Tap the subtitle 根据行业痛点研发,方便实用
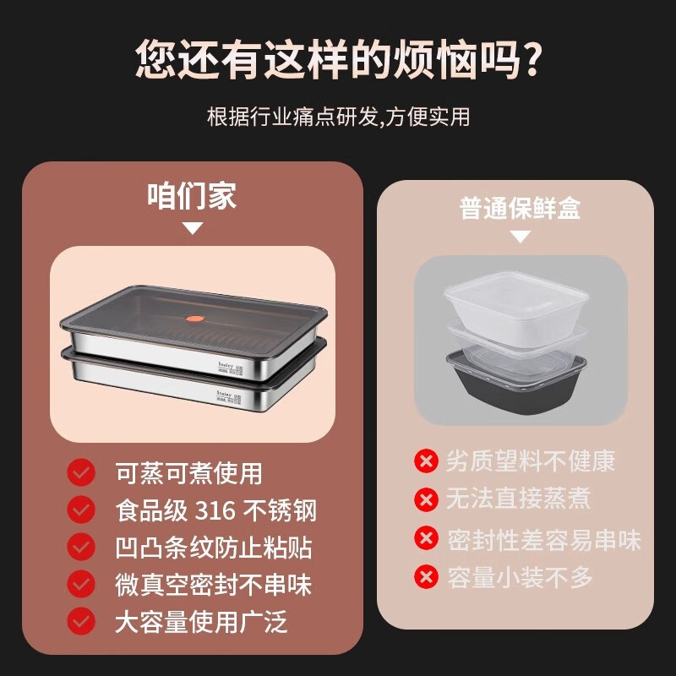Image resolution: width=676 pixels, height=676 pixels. coord(338,116)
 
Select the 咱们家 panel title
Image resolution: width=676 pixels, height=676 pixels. coord(193,196)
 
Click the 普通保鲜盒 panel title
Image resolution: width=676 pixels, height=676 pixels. coord(520,208)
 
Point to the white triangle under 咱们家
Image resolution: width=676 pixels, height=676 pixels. coord(193,228)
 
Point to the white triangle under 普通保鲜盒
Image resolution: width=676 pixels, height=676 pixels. coord(520,237)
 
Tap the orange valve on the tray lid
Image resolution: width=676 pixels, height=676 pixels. coord(194,320)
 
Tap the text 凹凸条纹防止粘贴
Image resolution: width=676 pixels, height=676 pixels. coord(213,548)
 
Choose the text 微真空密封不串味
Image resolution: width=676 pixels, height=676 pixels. coord(213,585)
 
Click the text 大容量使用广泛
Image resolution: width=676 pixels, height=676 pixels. coord(201,622)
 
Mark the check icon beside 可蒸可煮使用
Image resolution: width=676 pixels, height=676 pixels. coord(81,472)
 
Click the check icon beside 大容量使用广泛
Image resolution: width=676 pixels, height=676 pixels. coord(81,622)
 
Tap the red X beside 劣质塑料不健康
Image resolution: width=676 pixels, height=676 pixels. coord(426,461)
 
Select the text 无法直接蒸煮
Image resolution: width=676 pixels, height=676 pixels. coord(518,499)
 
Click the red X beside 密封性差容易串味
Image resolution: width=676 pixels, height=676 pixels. coord(426,538)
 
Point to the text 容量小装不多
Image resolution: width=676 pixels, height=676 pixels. coord(519,577)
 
